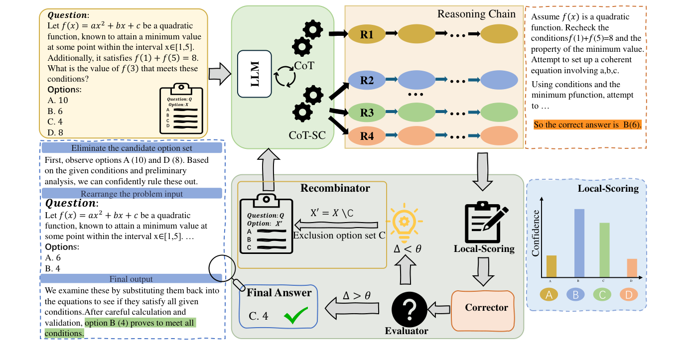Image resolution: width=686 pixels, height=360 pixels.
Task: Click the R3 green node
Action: click(x=367, y=112)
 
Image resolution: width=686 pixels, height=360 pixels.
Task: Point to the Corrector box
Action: click(x=486, y=308)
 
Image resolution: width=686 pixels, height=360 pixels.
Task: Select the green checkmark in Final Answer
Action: click(x=295, y=316)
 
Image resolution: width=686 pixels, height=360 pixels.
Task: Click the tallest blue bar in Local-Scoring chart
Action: click(x=579, y=242)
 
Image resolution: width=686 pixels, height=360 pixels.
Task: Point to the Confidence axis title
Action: click(x=536, y=233)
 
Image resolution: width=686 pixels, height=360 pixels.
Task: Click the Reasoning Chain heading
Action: click(x=476, y=14)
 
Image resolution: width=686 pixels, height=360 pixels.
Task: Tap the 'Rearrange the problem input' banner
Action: click(x=132, y=194)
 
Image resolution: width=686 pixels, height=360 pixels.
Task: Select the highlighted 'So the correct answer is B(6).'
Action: click(x=587, y=125)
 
